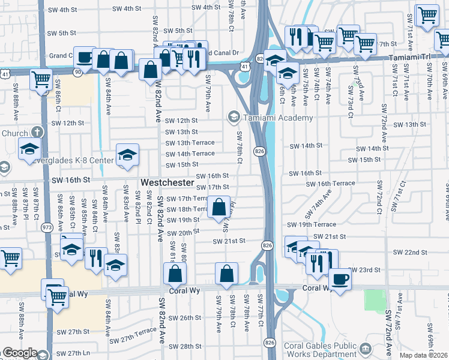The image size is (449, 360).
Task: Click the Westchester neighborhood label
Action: (167, 182)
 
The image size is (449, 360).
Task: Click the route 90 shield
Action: (77, 72)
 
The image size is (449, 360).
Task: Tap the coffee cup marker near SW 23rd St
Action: (340, 278)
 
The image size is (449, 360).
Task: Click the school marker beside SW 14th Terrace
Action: (127, 155)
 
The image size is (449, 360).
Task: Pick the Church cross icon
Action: (37, 133)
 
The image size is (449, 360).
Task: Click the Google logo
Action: (19, 353)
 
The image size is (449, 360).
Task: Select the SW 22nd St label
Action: (406, 253)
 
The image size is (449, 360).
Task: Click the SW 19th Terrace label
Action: (312, 224)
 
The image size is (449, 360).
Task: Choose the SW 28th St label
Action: (182, 346)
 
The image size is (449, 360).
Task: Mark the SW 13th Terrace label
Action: (190, 143)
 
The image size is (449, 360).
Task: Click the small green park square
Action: (374, 300)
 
